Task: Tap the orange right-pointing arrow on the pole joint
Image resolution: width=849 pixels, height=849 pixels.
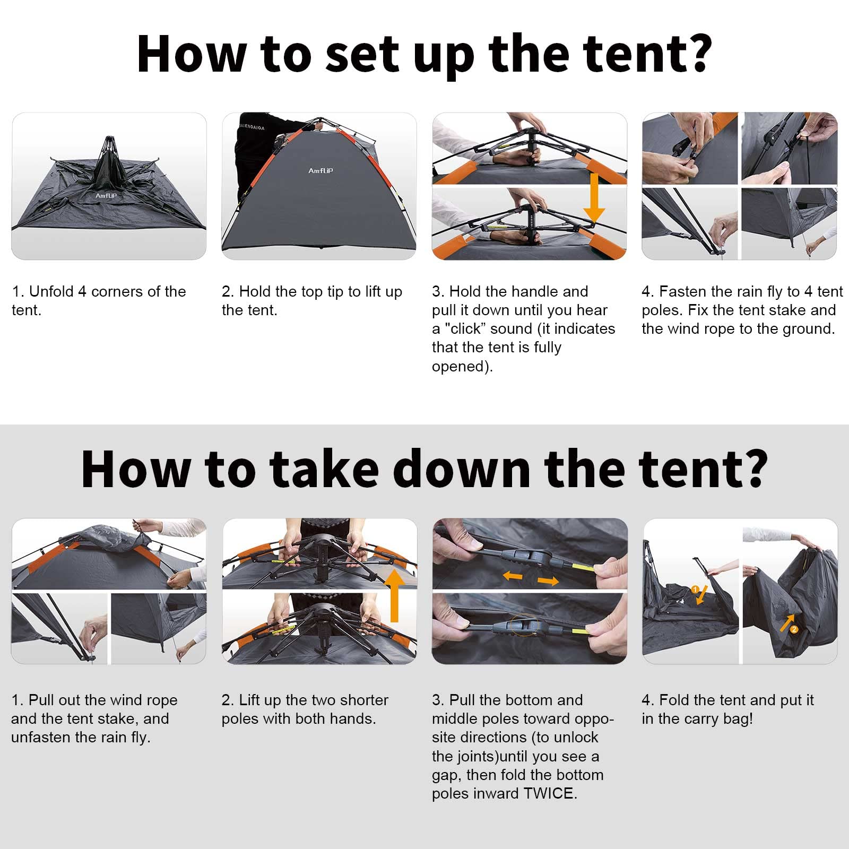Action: [x=548, y=581]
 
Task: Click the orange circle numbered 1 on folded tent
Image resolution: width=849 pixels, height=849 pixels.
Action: [x=695, y=590]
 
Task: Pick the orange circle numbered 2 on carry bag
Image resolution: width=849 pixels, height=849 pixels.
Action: [x=794, y=629]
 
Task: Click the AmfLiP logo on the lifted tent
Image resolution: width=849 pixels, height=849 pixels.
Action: [x=320, y=171]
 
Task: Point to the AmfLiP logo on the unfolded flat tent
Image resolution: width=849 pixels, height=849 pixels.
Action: [x=106, y=196]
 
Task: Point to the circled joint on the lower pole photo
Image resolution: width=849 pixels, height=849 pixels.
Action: [x=523, y=626]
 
